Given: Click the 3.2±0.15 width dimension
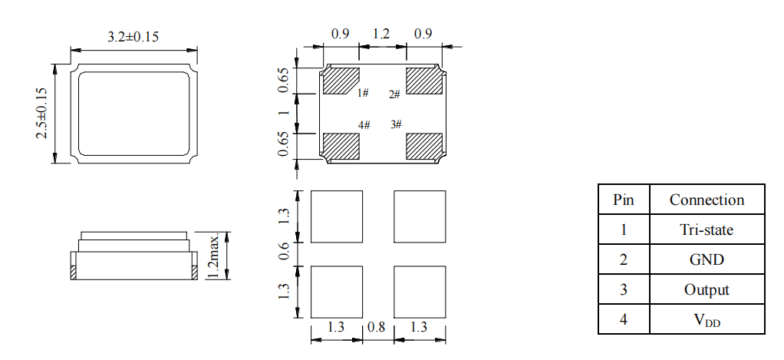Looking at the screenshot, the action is [x=133, y=37].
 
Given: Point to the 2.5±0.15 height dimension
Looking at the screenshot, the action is [x=41, y=114].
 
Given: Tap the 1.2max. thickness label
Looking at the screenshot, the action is [x=213, y=256].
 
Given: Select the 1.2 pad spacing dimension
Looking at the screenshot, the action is [x=381, y=34].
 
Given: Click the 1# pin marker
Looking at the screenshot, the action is [x=363, y=93].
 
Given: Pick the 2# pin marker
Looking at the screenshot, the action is [x=394, y=94].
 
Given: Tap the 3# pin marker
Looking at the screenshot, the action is [x=396, y=124].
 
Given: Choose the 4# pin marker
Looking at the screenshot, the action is [x=364, y=125].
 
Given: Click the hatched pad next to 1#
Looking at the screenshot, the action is [x=341, y=81].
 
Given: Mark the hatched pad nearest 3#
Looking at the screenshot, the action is [x=424, y=147].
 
